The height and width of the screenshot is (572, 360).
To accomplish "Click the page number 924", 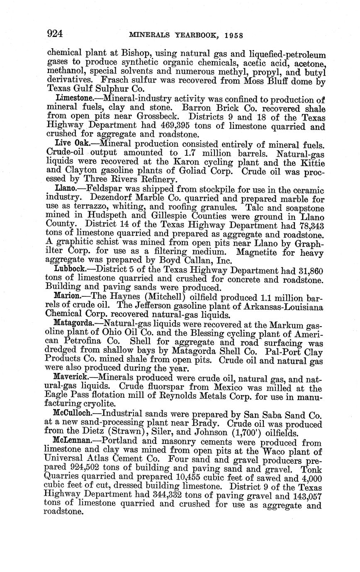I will pyautogui.click(x=55, y=34).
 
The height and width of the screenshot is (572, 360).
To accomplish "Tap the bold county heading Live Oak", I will pyautogui.click(x=73, y=143).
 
